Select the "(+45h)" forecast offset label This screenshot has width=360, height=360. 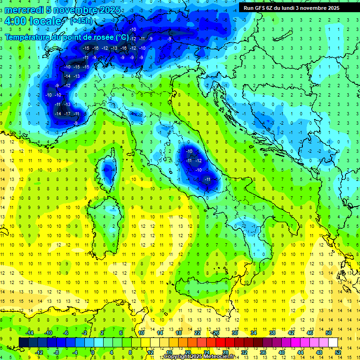point(81,21)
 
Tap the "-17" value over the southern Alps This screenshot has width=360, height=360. point(67,114)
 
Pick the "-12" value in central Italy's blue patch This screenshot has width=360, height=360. point(199,160)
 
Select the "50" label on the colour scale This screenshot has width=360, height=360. point(328,332)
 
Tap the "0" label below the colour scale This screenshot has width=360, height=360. point(93,352)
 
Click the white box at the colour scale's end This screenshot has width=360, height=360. point(333,342)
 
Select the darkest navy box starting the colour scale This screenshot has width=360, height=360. point(23,342)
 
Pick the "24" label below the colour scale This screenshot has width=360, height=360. point(206,352)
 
